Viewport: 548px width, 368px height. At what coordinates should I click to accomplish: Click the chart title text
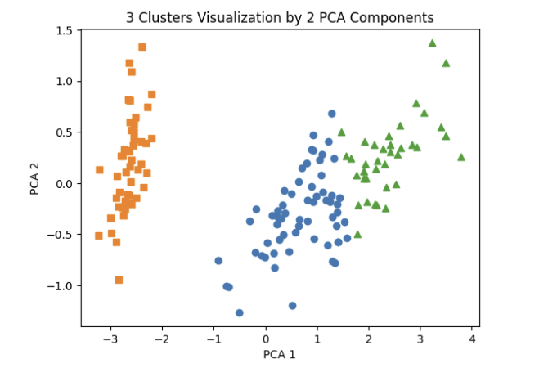(280, 17)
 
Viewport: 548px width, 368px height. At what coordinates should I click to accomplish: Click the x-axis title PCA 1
(279, 354)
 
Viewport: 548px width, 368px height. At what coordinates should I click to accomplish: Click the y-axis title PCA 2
(34, 179)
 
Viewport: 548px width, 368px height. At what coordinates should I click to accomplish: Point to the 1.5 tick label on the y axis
(64, 31)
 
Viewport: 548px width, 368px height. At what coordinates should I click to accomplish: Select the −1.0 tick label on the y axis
(60, 286)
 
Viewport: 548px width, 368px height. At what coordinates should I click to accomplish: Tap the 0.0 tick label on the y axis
(64, 184)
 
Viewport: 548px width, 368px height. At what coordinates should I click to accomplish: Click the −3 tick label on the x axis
(110, 339)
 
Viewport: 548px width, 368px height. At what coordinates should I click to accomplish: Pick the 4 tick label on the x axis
(472, 339)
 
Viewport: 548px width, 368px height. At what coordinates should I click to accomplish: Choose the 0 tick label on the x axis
(266, 339)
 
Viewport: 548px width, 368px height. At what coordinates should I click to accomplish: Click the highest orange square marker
(141, 47)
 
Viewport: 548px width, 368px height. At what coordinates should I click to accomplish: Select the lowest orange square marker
(119, 280)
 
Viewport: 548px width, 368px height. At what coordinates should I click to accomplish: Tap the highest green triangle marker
(433, 43)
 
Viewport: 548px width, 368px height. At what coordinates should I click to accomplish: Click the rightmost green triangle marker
(461, 157)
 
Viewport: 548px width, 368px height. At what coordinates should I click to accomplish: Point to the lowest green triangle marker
(357, 234)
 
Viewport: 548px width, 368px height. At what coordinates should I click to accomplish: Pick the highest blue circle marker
(332, 114)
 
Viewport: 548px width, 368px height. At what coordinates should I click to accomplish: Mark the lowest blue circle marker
(240, 312)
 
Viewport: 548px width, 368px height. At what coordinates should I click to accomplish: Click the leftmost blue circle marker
(218, 261)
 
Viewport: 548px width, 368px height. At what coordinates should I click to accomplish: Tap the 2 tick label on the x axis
(369, 339)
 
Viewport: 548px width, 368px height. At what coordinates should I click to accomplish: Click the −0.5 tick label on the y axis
(60, 235)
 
